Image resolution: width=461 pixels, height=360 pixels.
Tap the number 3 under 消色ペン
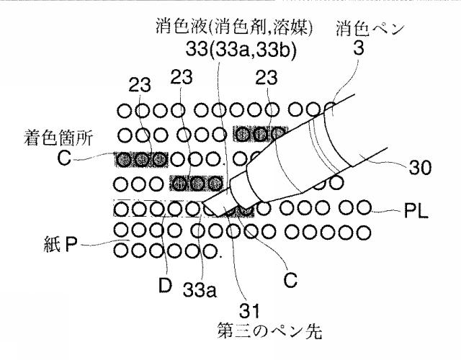(x=359, y=48)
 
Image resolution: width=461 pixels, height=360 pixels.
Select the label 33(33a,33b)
(x=241, y=50)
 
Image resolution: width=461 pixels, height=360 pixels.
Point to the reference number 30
(x=420, y=168)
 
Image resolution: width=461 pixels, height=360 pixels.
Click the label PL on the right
(x=416, y=211)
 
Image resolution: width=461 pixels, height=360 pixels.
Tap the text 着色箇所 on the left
(x=58, y=138)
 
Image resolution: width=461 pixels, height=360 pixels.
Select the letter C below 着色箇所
(x=64, y=158)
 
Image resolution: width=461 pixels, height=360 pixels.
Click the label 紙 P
(x=61, y=245)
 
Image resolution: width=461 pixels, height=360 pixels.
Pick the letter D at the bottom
(x=165, y=285)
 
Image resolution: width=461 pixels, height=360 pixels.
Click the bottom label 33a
(x=200, y=290)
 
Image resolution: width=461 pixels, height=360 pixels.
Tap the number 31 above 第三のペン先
(x=249, y=310)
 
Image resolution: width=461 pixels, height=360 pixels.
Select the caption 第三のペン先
(x=269, y=331)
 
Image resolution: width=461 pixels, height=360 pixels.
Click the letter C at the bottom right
(x=290, y=280)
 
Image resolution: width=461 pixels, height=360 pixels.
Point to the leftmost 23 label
(x=140, y=85)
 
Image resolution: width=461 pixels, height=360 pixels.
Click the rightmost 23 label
(x=267, y=77)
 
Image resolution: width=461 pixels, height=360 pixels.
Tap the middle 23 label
(x=182, y=77)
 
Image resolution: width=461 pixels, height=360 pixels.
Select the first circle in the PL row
(x=122, y=210)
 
